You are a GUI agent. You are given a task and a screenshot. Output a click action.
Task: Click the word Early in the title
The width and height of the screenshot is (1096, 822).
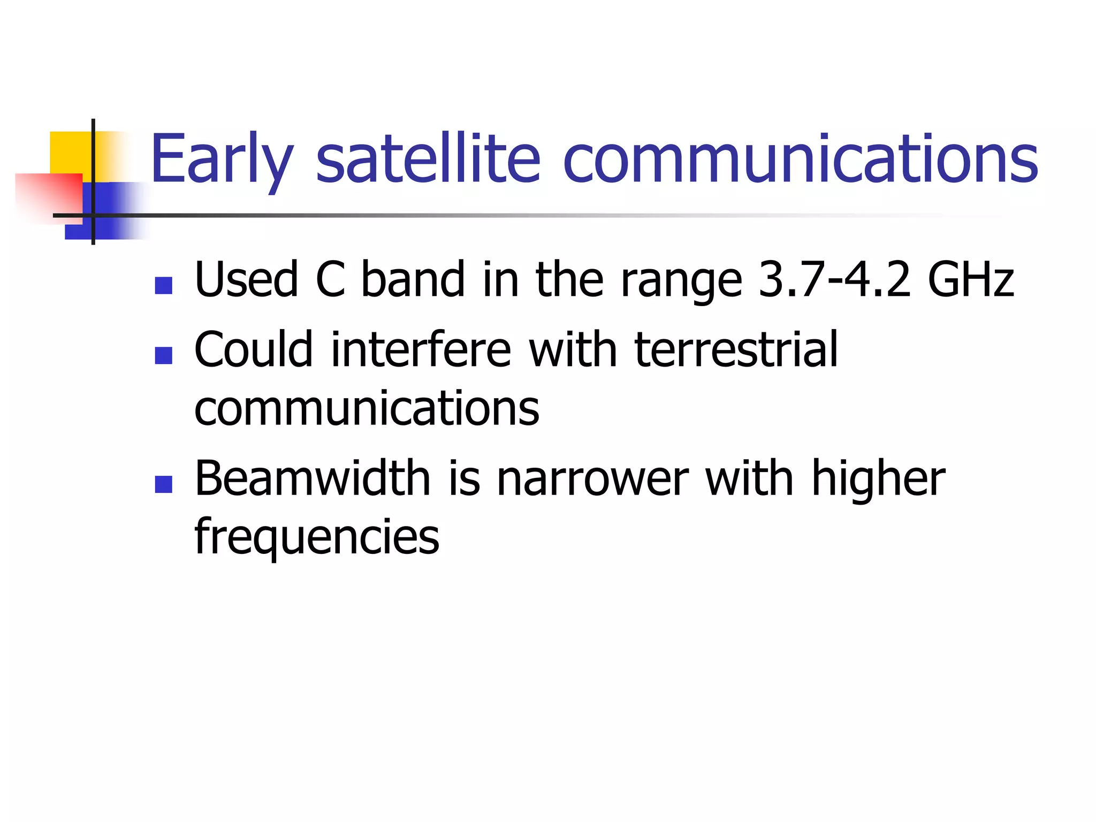(222, 159)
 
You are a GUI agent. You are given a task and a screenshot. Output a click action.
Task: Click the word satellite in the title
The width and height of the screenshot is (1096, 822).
(428, 159)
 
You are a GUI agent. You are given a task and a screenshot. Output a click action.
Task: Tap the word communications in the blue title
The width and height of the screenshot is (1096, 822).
(800, 159)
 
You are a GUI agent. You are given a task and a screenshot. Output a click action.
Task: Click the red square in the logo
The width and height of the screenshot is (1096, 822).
(48, 195)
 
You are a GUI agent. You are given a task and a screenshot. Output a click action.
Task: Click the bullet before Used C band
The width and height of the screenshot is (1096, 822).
(163, 285)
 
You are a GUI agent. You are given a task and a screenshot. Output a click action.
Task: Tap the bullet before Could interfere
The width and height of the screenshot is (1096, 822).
(163, 355)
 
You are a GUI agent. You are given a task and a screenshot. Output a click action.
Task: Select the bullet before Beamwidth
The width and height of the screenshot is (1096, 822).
(163, 484)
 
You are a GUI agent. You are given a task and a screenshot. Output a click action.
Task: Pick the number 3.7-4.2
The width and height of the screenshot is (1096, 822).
(834, 279)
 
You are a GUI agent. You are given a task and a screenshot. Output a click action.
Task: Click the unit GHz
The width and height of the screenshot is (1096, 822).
(970, 279)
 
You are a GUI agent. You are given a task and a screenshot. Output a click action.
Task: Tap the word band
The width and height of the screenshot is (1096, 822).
(413, 279)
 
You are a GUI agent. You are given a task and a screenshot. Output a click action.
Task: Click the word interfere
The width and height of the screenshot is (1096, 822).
(421, 349)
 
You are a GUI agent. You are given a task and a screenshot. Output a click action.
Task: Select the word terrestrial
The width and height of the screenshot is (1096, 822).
(736, 349)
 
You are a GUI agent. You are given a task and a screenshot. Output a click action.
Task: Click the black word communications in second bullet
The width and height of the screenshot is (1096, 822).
(367, 408)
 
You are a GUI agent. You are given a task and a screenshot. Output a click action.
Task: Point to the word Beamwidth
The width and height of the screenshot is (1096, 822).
(313, 478)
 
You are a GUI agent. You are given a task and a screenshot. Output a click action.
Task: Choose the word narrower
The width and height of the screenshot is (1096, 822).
(592, 478)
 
